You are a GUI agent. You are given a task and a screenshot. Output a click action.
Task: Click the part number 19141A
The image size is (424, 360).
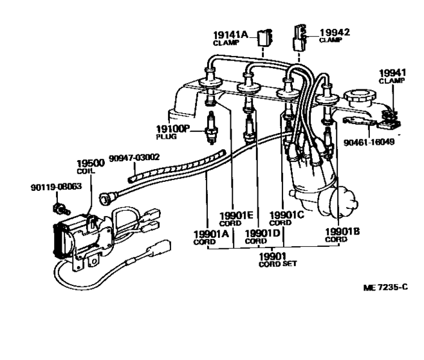pos(230,35)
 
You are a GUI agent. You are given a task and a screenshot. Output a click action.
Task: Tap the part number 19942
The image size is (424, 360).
pos(335,32)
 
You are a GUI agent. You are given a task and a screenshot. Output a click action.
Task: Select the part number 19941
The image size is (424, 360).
pos(392,73)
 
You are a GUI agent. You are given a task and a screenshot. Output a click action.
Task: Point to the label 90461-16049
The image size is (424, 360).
pos(369,142)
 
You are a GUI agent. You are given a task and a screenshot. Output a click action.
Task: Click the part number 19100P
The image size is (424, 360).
pos(172,129)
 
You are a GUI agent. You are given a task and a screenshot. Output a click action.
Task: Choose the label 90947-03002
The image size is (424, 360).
pos(134,157)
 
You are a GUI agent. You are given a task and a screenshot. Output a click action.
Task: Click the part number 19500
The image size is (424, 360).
pos(91,163)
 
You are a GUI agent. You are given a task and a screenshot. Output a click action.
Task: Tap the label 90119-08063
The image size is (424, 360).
pos(56,187)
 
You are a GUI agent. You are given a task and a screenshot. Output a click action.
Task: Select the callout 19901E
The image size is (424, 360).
pos(236,215)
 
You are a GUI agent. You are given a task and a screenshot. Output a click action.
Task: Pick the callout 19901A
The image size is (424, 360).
pos(211,234)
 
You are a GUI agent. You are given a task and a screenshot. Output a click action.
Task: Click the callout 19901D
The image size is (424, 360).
pos(262,233)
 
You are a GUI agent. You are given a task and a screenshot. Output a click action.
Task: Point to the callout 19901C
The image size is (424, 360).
pos(286,215)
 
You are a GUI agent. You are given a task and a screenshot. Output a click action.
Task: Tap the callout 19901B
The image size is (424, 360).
pos(342,231)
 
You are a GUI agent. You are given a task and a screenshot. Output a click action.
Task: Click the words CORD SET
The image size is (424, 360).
pos(278,264)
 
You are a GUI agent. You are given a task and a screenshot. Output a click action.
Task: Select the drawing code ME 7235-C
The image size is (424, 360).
pos(385,287)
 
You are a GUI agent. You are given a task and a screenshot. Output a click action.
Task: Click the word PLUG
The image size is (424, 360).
pos(166,136)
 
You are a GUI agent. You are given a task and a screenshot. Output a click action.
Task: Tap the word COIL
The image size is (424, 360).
pos(86,171)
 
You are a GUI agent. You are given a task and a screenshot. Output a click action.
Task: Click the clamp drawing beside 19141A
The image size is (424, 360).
pos(264,37)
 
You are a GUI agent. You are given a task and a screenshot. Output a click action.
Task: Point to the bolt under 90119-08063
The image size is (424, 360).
pos(62,209)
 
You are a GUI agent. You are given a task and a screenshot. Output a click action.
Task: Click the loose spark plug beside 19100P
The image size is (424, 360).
pos(211,127)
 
